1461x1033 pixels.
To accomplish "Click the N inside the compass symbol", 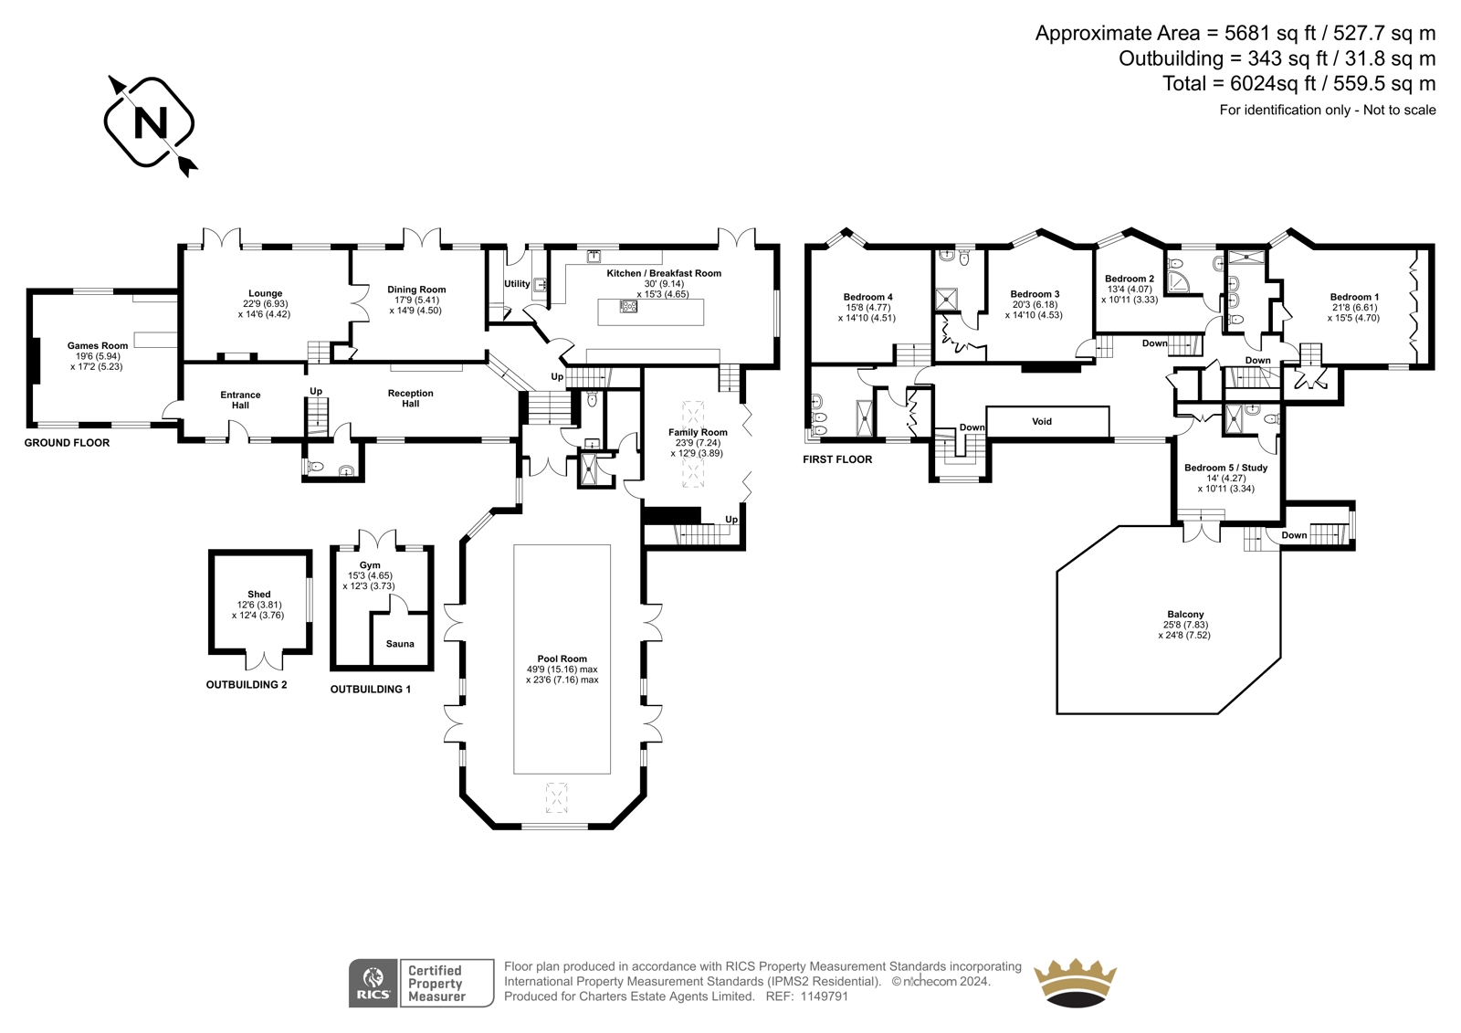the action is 150,122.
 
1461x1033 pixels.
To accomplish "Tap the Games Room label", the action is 98,346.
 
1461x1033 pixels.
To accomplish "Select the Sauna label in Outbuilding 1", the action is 400,644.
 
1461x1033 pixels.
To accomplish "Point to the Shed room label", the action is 259,595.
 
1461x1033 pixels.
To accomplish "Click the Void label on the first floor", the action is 1042,422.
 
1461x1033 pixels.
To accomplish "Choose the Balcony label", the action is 1185,614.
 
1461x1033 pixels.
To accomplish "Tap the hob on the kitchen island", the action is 628,305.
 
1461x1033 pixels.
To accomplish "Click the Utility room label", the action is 517,284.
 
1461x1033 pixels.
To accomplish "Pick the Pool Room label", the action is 562,659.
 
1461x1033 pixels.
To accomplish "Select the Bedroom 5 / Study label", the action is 1226,468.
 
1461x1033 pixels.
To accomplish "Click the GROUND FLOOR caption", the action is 68,443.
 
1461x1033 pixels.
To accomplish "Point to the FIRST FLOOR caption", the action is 837,459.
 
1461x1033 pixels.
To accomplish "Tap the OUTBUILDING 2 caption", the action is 247,684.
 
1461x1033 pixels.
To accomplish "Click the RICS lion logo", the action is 373,983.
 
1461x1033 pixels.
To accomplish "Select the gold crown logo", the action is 1074,983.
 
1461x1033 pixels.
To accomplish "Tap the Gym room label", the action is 370,565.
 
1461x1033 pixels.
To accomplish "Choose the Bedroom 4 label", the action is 867,297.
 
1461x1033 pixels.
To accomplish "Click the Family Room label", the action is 698,432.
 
